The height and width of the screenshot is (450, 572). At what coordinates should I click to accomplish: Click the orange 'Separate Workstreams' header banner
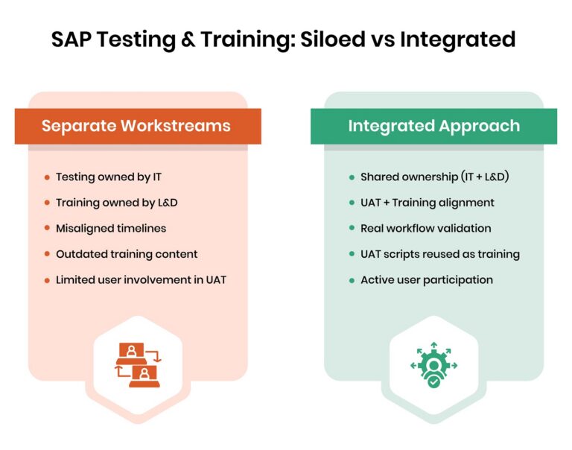[x=138, y=126]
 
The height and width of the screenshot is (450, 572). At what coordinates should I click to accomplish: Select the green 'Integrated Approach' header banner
[x=433, y=126]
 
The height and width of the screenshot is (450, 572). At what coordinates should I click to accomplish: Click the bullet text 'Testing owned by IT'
[x=107, y=177]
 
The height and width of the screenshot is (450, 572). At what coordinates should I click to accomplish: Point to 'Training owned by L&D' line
[x=116, y=203]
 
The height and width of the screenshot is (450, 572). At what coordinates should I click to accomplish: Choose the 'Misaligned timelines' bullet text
[x=110, y=228]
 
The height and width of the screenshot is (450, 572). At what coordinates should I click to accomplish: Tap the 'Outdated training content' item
[x=127, y=254]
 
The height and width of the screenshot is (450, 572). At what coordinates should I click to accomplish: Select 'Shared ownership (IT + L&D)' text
[x=433, y=177]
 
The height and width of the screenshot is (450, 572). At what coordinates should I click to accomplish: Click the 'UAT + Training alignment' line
[x=427, y=203]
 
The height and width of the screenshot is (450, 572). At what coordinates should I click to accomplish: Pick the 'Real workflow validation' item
[x=425, y=228]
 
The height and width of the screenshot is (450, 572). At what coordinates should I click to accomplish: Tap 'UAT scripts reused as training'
[x=439, y=254]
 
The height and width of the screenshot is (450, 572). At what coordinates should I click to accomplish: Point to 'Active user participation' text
[x=426, y=279]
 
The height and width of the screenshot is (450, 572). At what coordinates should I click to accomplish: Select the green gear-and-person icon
[x=433, y=362]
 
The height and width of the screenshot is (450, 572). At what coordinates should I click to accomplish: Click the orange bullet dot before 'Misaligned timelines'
[x=48, y=229]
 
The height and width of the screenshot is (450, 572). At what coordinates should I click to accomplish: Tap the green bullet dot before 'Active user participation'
[x=352, y=280]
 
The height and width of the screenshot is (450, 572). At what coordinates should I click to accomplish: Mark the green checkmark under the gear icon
[x=433, y=381]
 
